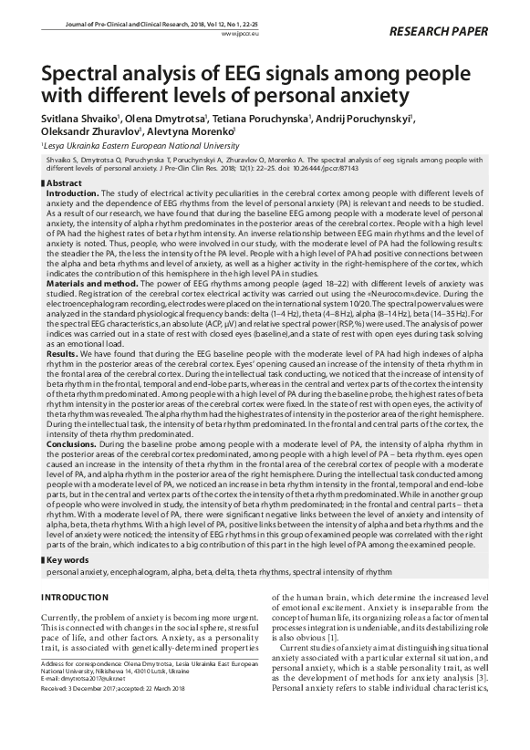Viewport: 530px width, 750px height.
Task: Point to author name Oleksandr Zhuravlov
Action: point(84,130)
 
